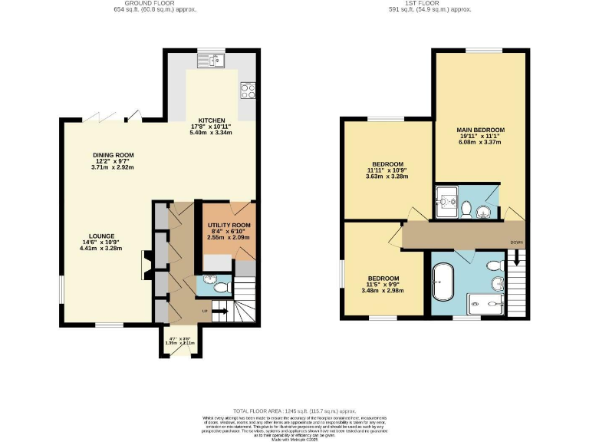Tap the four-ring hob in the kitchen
[x=248, y=91]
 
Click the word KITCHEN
[x=211, y=120]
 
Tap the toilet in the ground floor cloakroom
[x=221, y=288]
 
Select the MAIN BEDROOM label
[x=480, y=130]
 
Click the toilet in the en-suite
[x=466, y=207]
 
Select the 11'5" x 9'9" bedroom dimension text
[x=383, y=284]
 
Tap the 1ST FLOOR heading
[x=429, y=4]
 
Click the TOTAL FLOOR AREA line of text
[x=294, y=411]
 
